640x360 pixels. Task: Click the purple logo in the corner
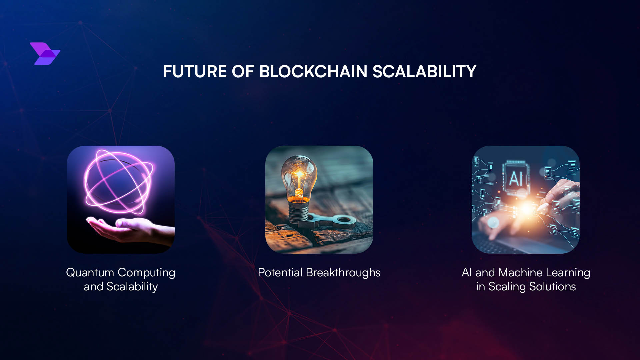click(45, 53)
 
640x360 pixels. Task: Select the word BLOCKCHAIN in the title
click(313, 72)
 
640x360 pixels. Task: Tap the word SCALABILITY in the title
click(424, 72)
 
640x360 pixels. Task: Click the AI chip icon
click(516, 178)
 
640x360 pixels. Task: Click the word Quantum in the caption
click(90, 273)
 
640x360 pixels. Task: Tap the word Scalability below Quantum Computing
click(132, 287)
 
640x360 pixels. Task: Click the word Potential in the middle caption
click(280, 273)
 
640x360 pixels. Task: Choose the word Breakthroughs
click(343, 273)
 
